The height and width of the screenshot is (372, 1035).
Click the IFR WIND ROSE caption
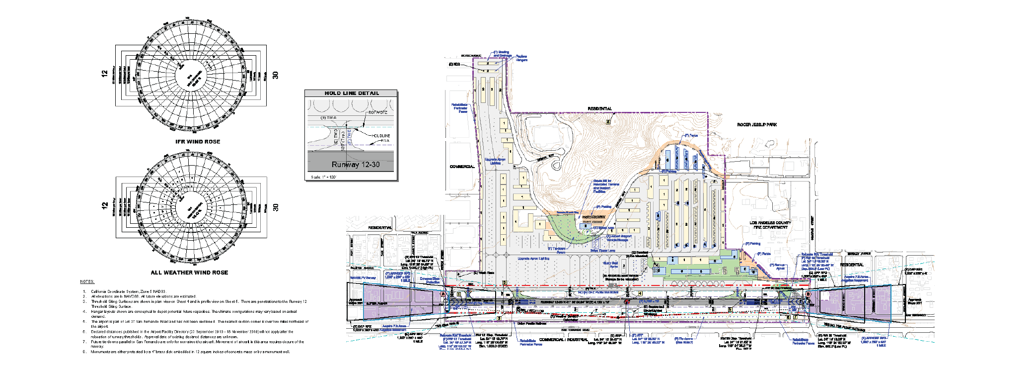[x=197, y=142]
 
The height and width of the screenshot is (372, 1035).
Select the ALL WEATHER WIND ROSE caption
[x=189, y=273]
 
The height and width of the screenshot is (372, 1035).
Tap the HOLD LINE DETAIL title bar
[x=351, y=93]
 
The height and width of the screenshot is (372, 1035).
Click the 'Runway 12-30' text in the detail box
[x=356, y=165]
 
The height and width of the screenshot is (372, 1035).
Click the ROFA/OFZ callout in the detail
[x=377, y=112]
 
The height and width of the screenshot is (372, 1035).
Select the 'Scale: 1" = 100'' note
[x=323, y=177]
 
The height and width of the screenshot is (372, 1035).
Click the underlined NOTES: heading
[x=87, y=281]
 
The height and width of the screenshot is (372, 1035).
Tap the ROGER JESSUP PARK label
[x=757, y=125]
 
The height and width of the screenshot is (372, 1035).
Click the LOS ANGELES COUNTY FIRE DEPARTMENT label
[x=770, y=225]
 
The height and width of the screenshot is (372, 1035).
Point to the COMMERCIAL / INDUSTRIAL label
[x=564, y=340]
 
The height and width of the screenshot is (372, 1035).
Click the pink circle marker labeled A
[x=443, y=294]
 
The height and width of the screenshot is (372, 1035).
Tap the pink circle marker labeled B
[x=809, y=294]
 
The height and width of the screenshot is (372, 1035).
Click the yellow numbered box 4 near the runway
[x=640, y=293]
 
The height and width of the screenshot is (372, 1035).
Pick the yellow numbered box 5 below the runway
[x=730, y=309]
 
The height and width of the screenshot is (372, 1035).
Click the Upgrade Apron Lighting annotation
[x=533, y=259]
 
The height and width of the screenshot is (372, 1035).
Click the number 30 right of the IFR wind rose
[x=276, y=75]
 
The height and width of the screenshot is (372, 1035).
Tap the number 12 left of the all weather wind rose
[x=105, y=205]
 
